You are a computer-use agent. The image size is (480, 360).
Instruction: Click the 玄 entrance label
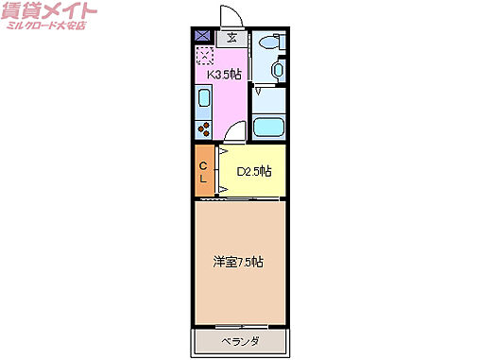pos(231,38)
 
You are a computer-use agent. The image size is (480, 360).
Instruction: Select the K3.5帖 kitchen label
pos(223,72)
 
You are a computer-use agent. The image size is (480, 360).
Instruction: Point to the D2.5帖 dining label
pos(253,172)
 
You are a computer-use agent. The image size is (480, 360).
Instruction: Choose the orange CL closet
pos(204,172)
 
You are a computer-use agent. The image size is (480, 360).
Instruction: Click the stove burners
pos(202,128)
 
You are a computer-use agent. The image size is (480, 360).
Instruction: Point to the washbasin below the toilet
pos(277,70)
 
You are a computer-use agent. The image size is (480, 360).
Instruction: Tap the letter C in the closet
pos(202,164)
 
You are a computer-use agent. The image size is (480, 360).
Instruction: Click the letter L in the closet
pos(202,180)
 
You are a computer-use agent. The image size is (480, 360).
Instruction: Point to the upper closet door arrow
pos(223,151)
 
